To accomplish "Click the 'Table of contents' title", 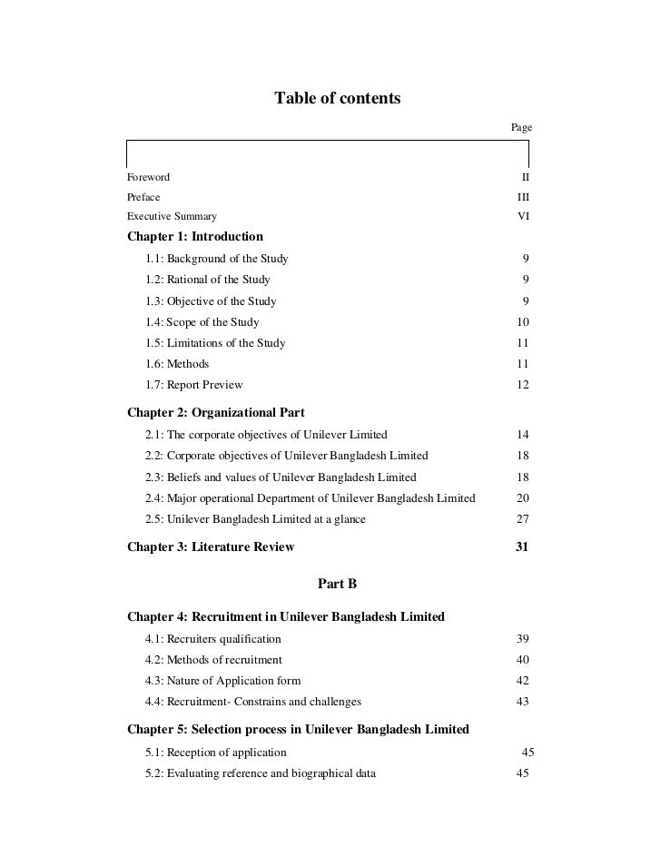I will pyautogui.click(x=337, y=98).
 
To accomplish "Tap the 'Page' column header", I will pyautogui.click(x=520, y=128).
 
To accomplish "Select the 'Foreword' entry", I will pyautogui.click(x=148, y=177).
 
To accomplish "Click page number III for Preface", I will pyautogui.click(x=523, y=197).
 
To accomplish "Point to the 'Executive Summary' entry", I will pyautogui.click(x=172, y=216).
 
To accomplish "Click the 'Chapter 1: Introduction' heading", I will pyautogui.click(x=195, y=237).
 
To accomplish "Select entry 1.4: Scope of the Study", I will pyautogui.click(x=202, y=322).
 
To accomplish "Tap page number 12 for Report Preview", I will pyautogui.click(x=522, y=385).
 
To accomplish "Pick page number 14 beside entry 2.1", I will pyautogui.click(x=522, y=435).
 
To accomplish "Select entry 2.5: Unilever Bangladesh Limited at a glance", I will pyautogui.click(x=255, y=519).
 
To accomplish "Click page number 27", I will pyautogui.click(x=522, y=519).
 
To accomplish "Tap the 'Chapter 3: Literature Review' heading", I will pyautogui.click(x=211, y=547).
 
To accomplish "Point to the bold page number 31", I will pyautogui.click(x=522, y=547).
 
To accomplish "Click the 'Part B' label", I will pyautogui.click(x=337, y=583).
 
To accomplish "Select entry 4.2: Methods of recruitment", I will pyautogui.click(x=213, y=660).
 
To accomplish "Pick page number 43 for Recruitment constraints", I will pyautogui.click(x=522, y=702).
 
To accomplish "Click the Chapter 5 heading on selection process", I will pyautogui.click(x=298, y=729).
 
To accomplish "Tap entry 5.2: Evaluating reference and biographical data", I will pyautogui.click(x=261, y=773).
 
